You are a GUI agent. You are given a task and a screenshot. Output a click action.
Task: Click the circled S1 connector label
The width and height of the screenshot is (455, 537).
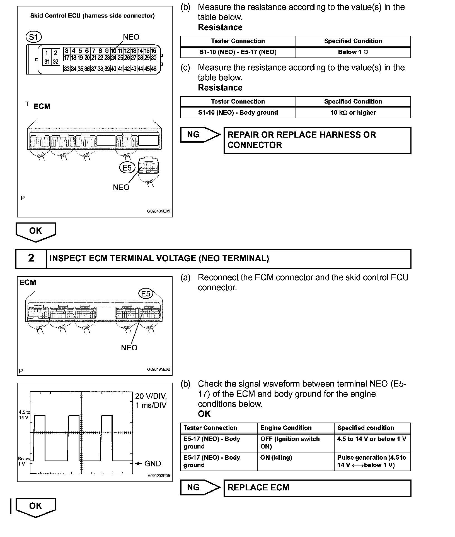33,37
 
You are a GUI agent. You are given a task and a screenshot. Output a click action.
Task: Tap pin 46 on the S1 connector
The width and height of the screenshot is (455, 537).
154,69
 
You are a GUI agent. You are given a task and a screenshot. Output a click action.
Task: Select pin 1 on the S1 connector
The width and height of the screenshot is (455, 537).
47,53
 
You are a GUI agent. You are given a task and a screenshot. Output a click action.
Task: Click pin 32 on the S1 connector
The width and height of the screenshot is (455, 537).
55,62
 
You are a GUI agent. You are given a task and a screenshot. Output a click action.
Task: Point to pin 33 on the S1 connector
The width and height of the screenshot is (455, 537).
67,69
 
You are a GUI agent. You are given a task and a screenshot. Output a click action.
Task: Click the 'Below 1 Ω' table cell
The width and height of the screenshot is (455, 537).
353,52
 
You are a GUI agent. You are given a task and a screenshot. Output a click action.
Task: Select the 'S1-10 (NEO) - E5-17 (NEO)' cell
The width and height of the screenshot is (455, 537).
238,52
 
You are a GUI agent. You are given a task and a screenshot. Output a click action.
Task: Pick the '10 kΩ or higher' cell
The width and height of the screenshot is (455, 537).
353,112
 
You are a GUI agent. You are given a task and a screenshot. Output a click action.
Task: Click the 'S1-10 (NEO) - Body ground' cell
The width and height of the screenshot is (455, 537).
238,112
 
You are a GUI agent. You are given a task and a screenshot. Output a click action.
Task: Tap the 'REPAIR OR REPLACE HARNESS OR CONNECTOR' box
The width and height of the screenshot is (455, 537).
317,140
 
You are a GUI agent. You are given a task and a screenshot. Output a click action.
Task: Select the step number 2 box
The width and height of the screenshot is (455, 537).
31,258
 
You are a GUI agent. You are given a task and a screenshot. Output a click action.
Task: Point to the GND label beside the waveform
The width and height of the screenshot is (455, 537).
153,464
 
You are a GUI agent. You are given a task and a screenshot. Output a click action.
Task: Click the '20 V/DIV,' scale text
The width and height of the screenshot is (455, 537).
151,396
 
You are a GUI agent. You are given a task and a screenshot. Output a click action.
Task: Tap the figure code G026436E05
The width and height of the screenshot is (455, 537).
158,211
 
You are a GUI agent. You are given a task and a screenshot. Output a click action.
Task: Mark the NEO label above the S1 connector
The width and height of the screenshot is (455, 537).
131,37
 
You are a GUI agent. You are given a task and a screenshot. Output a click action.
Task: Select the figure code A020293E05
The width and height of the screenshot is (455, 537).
159,476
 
